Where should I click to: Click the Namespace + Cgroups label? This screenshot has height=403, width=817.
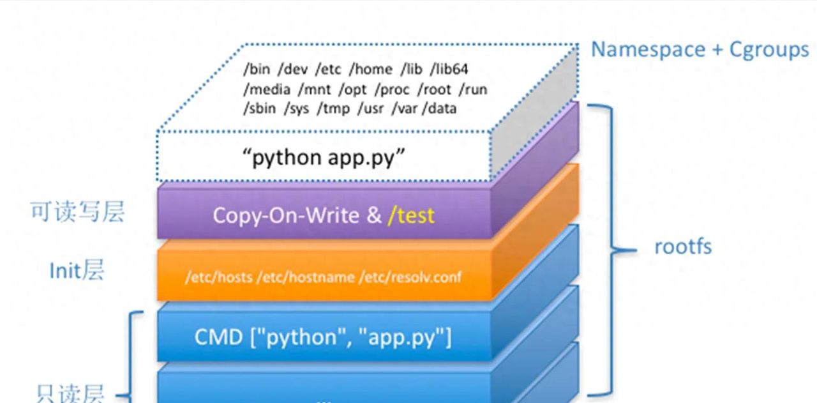700,50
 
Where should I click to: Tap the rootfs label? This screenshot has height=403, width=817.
682,247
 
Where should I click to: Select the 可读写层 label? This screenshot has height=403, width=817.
77,212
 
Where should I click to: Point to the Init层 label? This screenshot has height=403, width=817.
77,271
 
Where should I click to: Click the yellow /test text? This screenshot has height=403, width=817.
410,215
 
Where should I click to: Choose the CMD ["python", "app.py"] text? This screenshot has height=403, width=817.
323,337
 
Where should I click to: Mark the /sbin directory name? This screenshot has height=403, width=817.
259,108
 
